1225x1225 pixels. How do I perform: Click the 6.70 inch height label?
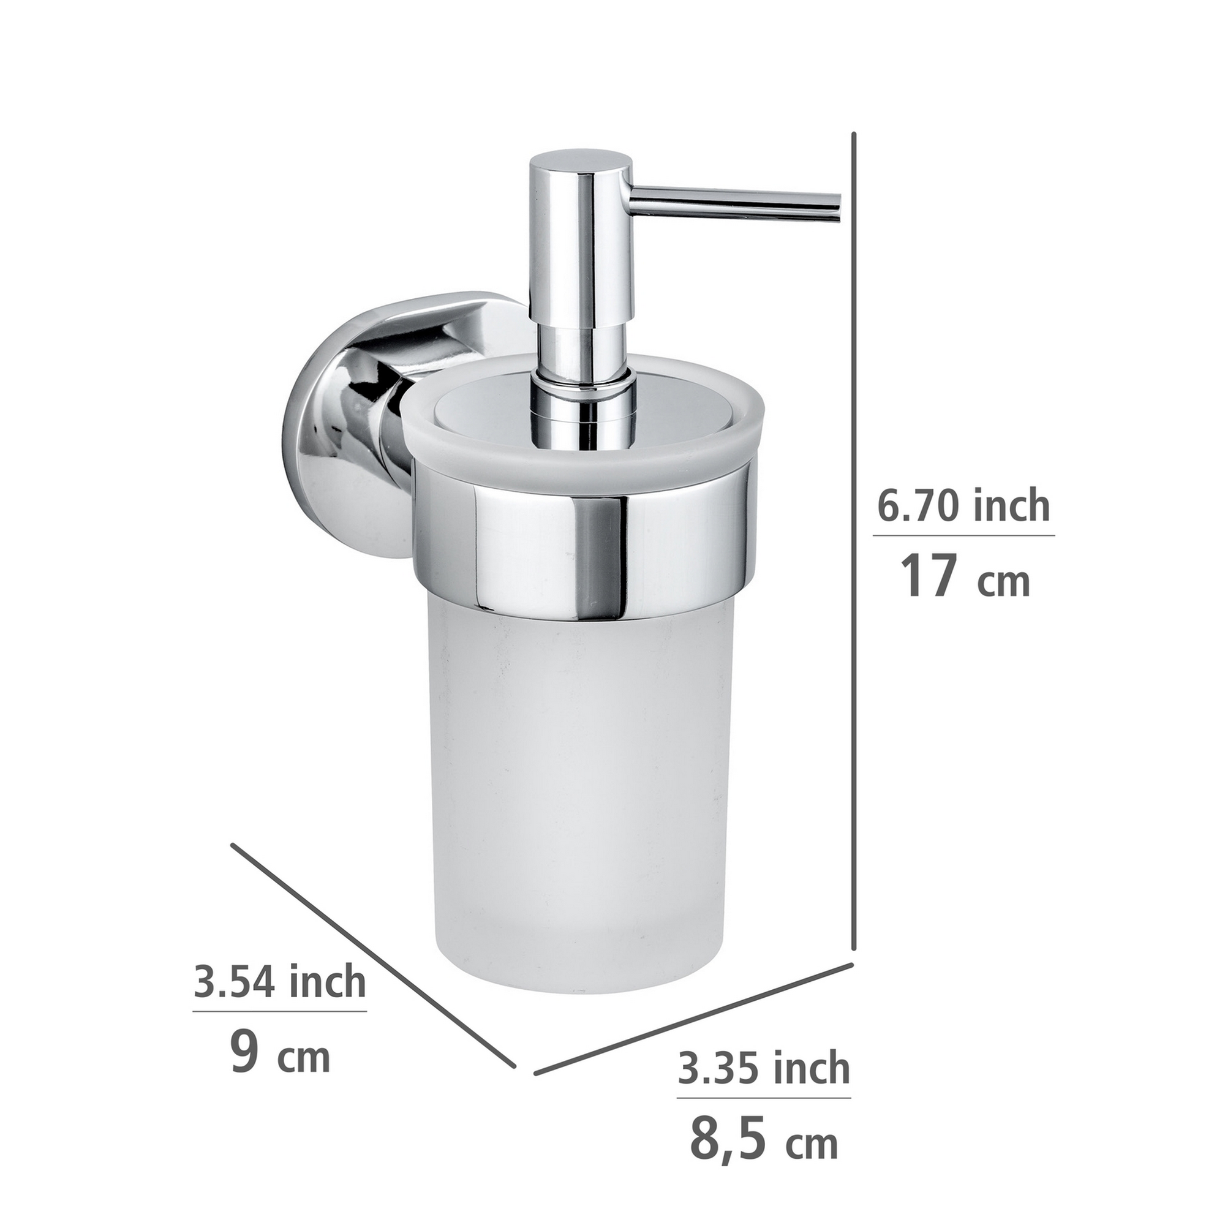pos(963,507)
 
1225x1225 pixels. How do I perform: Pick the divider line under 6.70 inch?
pos(963,536)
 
